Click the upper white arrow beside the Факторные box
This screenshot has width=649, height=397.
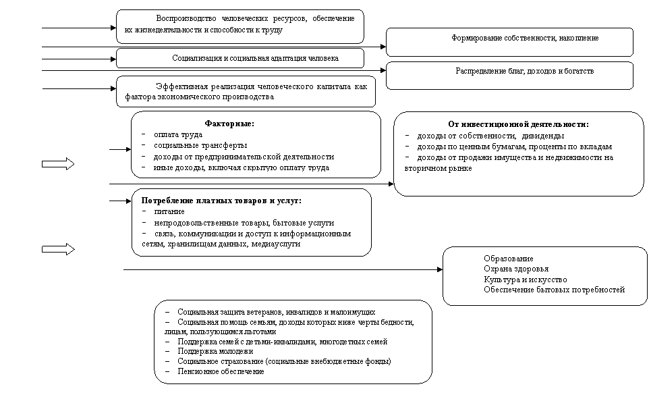pyautogui.click(x=58, y=164)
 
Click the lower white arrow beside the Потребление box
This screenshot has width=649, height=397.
pyautogui.click(x=58, y=250)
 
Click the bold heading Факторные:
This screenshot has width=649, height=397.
pyautogui.click(x=229, y=124)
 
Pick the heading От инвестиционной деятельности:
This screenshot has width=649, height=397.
pyautogui.click(x=518, y=124)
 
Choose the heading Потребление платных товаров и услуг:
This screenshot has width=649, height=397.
pyautogui.click(x=221, y=201)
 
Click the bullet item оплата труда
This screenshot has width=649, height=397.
pyautogui.click(x=173, y=134)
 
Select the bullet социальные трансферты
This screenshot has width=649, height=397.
pyautogui.click(x=191, y=145)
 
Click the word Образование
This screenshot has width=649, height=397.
pyautogui.click(x=508, y=259)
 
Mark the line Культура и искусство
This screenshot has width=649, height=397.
pyautogui.click(x=525, y=280)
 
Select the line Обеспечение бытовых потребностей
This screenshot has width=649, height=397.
pyautogui.click(x=554, y=290)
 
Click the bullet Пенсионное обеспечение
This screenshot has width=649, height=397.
pyautogui.click(x=221, y=371)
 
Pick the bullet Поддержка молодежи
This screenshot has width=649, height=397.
pyautogui.click(x=215, y=351)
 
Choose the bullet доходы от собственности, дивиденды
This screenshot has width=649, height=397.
pyautogui.click(x=486, y=135)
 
